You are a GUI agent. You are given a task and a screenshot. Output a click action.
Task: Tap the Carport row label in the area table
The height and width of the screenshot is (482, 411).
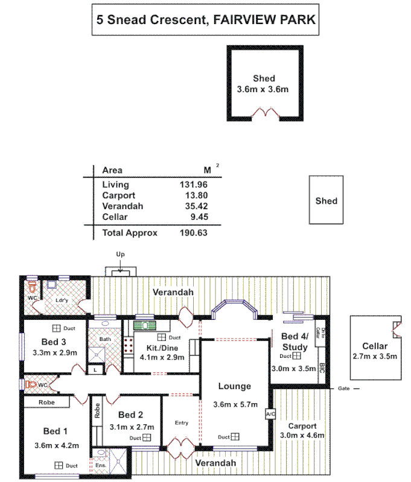pyautogui.click(x=119, y=195)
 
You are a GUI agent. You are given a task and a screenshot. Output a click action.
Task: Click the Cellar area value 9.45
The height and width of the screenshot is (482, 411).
pyautogui.click(x=199, y=216)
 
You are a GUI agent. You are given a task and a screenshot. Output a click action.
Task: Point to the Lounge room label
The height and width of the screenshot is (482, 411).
pyautogui.click(x=235, y=386)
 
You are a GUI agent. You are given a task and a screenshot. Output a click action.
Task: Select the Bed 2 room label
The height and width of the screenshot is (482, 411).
pyautogui.click(x=130, y=415)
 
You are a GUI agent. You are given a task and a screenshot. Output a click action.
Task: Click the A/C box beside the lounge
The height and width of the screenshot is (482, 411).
pyautogui.click(x=269, y=415)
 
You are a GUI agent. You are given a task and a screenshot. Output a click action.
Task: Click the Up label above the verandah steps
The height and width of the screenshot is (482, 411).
pyautogui.click(x=120, y=255)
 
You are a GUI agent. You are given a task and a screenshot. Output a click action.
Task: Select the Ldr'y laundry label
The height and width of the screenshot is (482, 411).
pyautogui.click(x=62, y=299)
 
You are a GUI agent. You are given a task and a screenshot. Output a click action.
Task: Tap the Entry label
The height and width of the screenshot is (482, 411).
pyautogui.click(x=182, y=423)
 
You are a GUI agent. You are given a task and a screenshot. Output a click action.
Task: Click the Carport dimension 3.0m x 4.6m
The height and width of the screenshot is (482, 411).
pyautogui.click(x=302, y=435)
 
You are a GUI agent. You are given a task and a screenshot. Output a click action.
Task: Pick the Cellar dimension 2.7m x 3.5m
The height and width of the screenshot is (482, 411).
pyautogui.click(x=375, y=356)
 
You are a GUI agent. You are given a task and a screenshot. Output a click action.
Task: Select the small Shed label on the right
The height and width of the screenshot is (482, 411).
pyautogui.click(x=327, y=201)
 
